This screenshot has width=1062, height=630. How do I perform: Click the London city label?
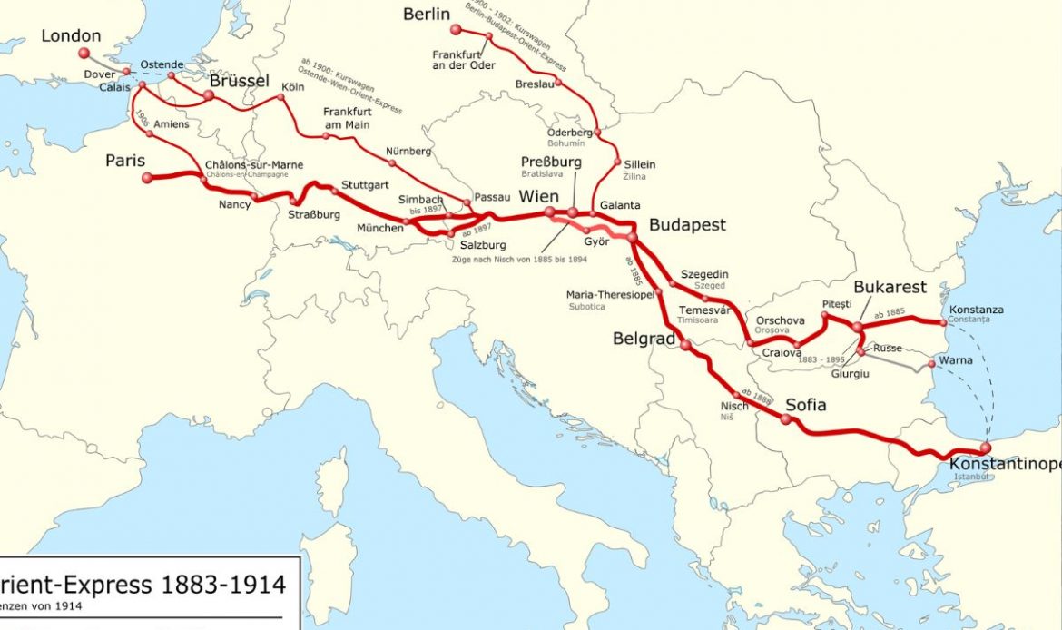tap(71, 36)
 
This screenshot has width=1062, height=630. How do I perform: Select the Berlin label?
tap(427, 14)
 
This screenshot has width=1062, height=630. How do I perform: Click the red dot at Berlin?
tap(456, 30)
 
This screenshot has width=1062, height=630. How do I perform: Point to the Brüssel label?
tap(240, 81)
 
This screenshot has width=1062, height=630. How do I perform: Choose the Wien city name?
tap(538, 197)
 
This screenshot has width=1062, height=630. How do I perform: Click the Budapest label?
tap(687, 225)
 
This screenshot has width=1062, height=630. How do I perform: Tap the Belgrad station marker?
tap(685, 345)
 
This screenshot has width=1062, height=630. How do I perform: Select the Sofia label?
tap(805, 405)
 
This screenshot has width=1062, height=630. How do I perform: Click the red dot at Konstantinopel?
tap(985, 448)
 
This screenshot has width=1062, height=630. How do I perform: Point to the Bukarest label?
tap(890, 287)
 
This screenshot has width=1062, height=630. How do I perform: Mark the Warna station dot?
tap(932, 365)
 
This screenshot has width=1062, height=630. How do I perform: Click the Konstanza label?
tap(976, 310)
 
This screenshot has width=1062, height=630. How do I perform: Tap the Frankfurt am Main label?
tap(347, 118)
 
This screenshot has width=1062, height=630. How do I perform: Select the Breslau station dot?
tap(558, 83)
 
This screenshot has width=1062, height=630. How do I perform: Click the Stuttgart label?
tap(365, 185)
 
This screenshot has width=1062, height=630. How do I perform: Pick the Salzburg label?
tap(483, 245)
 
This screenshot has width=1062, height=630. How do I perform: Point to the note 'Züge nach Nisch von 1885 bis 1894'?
tap(519, 260)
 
